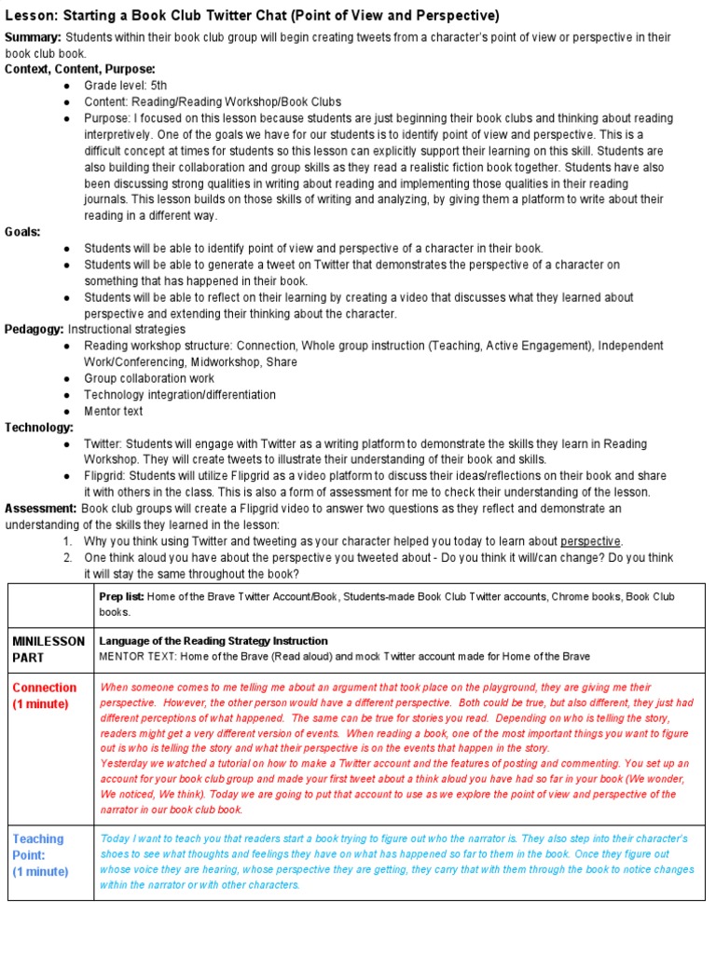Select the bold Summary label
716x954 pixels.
[x=34, y=36]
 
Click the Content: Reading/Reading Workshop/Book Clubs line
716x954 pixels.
[x=213, y=102]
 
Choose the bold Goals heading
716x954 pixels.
[x=23, y=232]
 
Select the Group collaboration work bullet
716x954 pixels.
[x=148, y=378]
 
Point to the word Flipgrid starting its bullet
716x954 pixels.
[x=105, y=475]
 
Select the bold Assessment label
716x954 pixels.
[x=41, y=509]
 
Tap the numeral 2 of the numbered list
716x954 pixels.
[x=68, y=557]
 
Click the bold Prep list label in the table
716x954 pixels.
[x=121, y=596]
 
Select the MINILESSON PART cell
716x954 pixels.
[x=48, y=649]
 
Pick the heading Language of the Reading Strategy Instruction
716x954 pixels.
[x=213, y=641]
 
